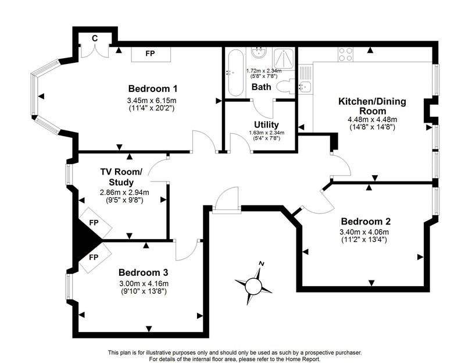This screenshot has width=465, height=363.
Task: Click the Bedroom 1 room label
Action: (153, 88)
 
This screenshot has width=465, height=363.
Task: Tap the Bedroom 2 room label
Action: (366, 222)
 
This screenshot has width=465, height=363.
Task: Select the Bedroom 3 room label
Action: (143, 272)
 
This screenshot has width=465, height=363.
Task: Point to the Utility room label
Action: (266, 124)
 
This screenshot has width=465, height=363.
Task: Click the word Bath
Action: (261, 87)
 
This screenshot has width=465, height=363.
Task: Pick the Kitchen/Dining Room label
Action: (373, 106)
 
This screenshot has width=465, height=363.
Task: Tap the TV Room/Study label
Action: (121, 177)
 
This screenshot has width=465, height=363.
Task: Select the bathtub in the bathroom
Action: (236, 73)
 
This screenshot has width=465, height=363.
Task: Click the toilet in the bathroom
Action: (285, 87)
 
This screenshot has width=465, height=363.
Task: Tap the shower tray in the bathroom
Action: (284, 58)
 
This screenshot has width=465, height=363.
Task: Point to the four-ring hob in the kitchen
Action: (345, 54)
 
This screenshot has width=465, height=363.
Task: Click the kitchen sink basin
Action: (304, 87)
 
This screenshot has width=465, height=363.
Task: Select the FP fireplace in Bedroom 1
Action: (151, 54)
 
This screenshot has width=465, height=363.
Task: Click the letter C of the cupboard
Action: (95, 38)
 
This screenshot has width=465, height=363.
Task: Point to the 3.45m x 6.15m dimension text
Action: (152, 100)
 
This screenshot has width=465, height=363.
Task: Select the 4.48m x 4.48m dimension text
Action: (372, 120)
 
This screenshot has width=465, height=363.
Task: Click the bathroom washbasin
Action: (259, 53)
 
